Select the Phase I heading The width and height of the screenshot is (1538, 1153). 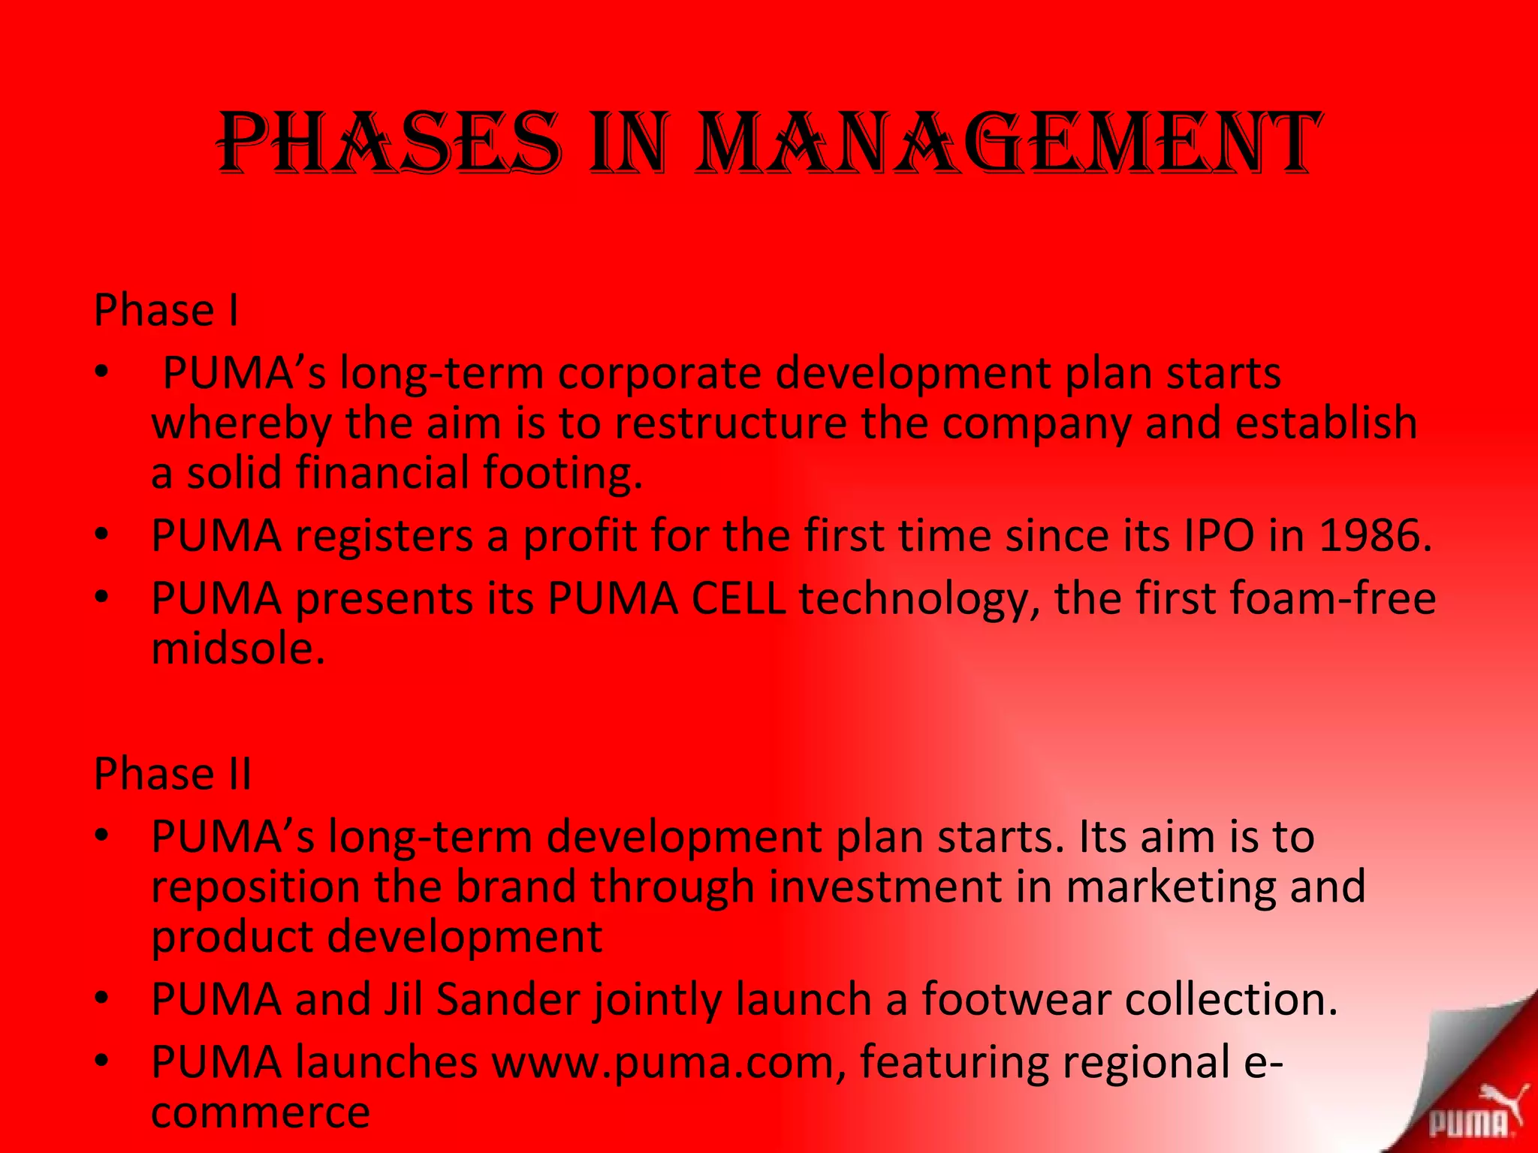pos(166,310)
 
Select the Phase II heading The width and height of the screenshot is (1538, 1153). pos(172,774)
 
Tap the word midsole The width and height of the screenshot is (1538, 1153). pos(238,649)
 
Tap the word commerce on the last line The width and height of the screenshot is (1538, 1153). pos(261,1112)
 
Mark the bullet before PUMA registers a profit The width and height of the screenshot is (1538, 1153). pos(102,535)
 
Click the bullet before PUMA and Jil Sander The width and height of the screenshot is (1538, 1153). pos(102,999)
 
